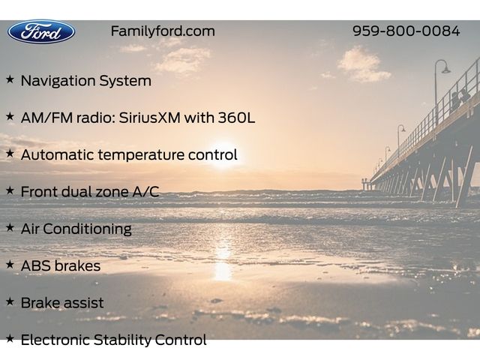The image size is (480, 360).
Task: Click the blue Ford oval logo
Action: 41,31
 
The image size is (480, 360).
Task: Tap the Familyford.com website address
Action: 163,31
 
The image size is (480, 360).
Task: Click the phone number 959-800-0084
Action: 406,31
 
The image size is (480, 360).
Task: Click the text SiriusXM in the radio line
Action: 149,118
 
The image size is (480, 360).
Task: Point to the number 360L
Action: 236,118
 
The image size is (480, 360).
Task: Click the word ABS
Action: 34,265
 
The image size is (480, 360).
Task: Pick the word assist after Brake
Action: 84,303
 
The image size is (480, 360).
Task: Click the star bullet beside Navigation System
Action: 10,79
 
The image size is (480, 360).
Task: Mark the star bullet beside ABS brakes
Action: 10,265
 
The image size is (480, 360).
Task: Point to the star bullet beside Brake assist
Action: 10,301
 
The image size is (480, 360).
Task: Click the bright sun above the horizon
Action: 223,154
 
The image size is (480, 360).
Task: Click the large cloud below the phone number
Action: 364,64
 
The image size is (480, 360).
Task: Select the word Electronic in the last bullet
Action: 56,340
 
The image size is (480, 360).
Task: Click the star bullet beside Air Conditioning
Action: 10,227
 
